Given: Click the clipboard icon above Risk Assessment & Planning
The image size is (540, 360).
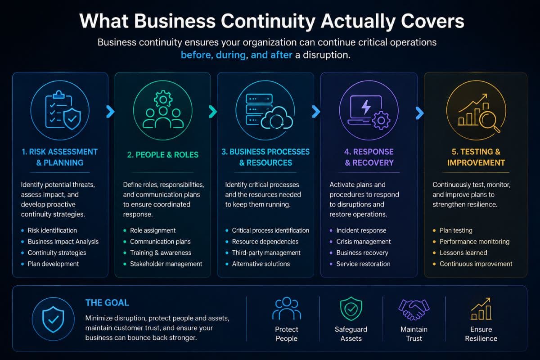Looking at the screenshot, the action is (x=58, y=109).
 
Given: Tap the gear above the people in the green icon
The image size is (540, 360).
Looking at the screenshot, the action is (x=163, y=99).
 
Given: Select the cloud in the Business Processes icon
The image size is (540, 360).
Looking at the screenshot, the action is (x=277, y=118).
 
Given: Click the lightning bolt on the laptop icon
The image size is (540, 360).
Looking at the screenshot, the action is (x=366, y=107).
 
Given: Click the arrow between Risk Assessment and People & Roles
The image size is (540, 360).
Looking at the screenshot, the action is (x=110, y=112).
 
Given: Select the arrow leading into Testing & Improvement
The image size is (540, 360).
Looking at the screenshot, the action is (x=420, y=113).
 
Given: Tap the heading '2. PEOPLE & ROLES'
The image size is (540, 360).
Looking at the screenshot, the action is (x=163, y=155).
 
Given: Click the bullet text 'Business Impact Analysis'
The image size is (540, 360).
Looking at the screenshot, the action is (x=63, y=242).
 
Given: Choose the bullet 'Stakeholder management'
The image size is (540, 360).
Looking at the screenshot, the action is (x=166, y=264).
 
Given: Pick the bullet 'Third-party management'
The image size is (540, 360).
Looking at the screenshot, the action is (x=266, y=253).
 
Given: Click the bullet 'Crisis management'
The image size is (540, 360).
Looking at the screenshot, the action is (x=364, y=242).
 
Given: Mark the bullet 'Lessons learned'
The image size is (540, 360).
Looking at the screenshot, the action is (x=463, y=253).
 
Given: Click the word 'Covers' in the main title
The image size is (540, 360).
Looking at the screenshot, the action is (x=432, y=21).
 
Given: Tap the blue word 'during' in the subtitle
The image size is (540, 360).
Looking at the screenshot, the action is (x=231, y=55).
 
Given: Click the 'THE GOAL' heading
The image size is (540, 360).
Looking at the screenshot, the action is (x=107, y=302).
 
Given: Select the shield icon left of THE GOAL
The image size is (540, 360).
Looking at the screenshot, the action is (x=53, y=319).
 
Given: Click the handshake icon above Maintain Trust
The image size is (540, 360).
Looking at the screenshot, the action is (x=414, y=309).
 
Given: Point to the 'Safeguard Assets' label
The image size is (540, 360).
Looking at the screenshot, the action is (x=351, y=334).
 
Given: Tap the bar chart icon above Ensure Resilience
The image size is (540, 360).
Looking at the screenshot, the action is (x=481, y=309).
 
